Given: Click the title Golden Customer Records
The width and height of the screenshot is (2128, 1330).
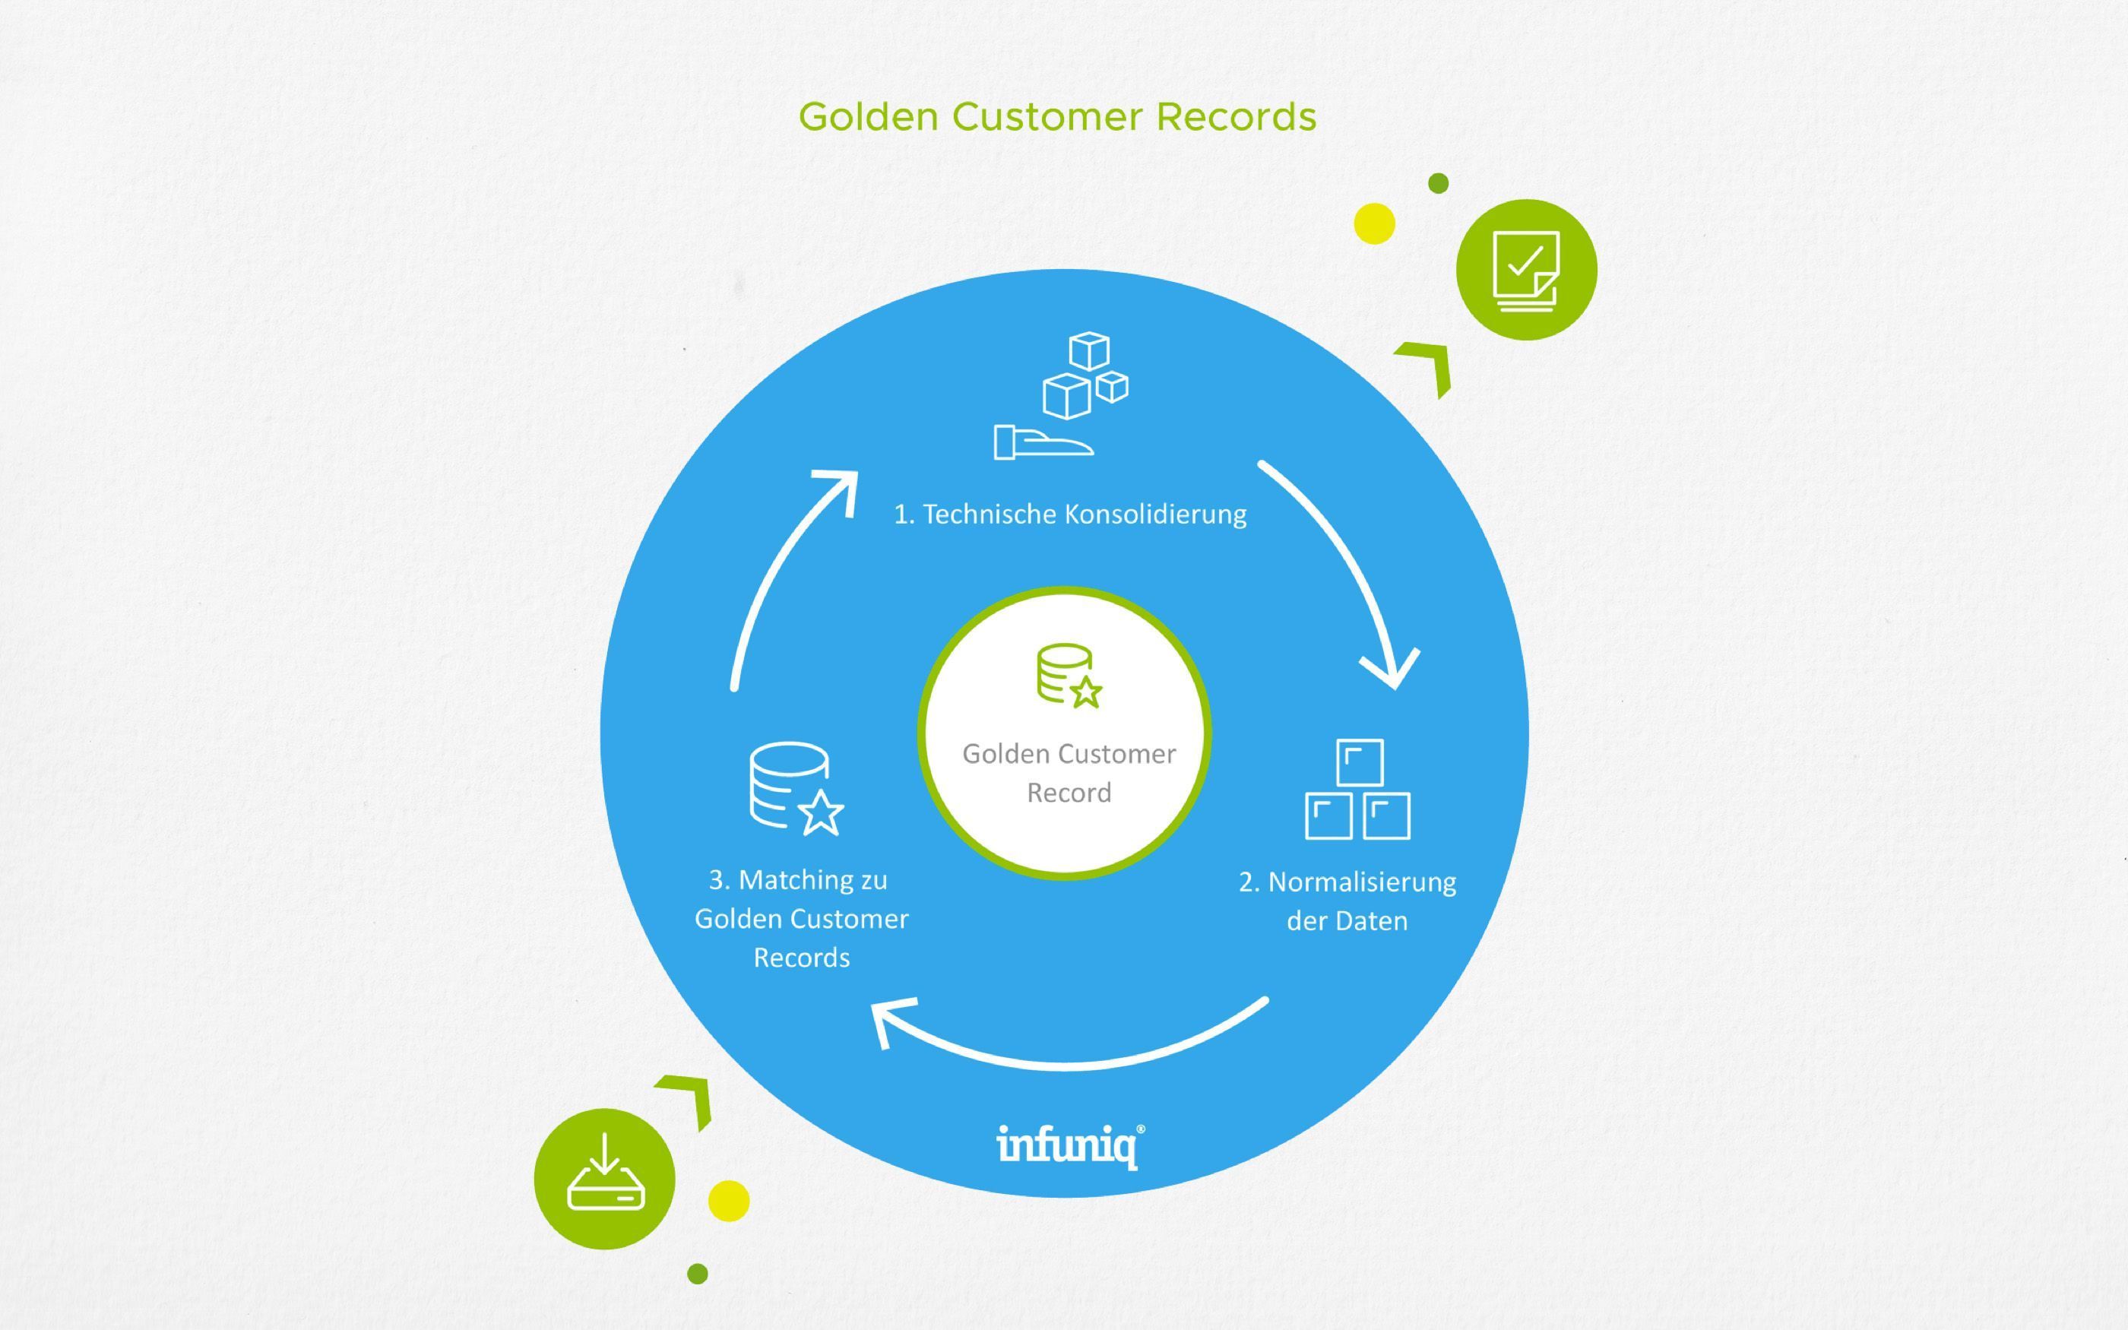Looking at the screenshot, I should point(1057,117).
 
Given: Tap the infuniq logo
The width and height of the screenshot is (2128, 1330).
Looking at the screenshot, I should point(1069,1145).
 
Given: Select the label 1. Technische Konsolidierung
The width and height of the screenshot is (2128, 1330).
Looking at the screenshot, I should point(1069,514).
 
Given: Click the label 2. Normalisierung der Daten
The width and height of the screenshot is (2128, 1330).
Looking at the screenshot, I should point(1347,901).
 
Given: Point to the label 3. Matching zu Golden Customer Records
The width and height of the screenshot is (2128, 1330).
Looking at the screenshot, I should point(801,917).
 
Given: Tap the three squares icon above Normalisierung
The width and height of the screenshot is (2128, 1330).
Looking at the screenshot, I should point(1357,789).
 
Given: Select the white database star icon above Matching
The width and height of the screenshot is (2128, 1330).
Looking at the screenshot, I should point(795,788).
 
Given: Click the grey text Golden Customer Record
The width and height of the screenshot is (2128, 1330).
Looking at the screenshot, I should point(1069,772).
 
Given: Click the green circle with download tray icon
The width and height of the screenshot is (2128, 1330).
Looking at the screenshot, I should point(604,1179).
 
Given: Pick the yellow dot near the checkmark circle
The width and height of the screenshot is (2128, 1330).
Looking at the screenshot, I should point(1373,223).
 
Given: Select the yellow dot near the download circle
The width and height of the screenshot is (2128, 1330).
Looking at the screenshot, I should point(728,1201).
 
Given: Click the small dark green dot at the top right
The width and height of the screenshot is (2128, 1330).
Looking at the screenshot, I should point(1438,183).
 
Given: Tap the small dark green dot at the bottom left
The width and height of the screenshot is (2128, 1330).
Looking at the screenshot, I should point(698,1273).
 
